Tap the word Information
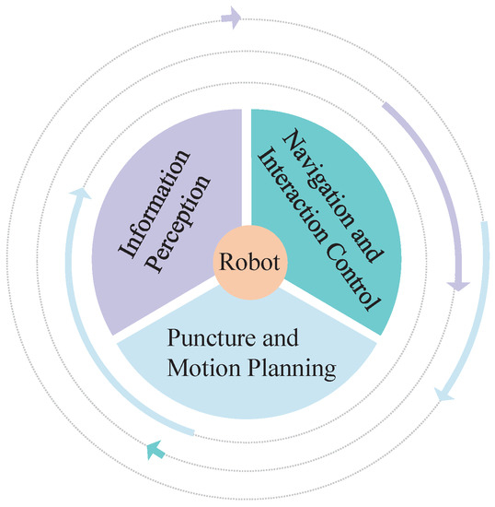[x=144, y=196]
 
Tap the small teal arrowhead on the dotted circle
[x=155, y=450]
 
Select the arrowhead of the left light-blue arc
[x=81, y=195]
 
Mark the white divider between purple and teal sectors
[x=247, y=166]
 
